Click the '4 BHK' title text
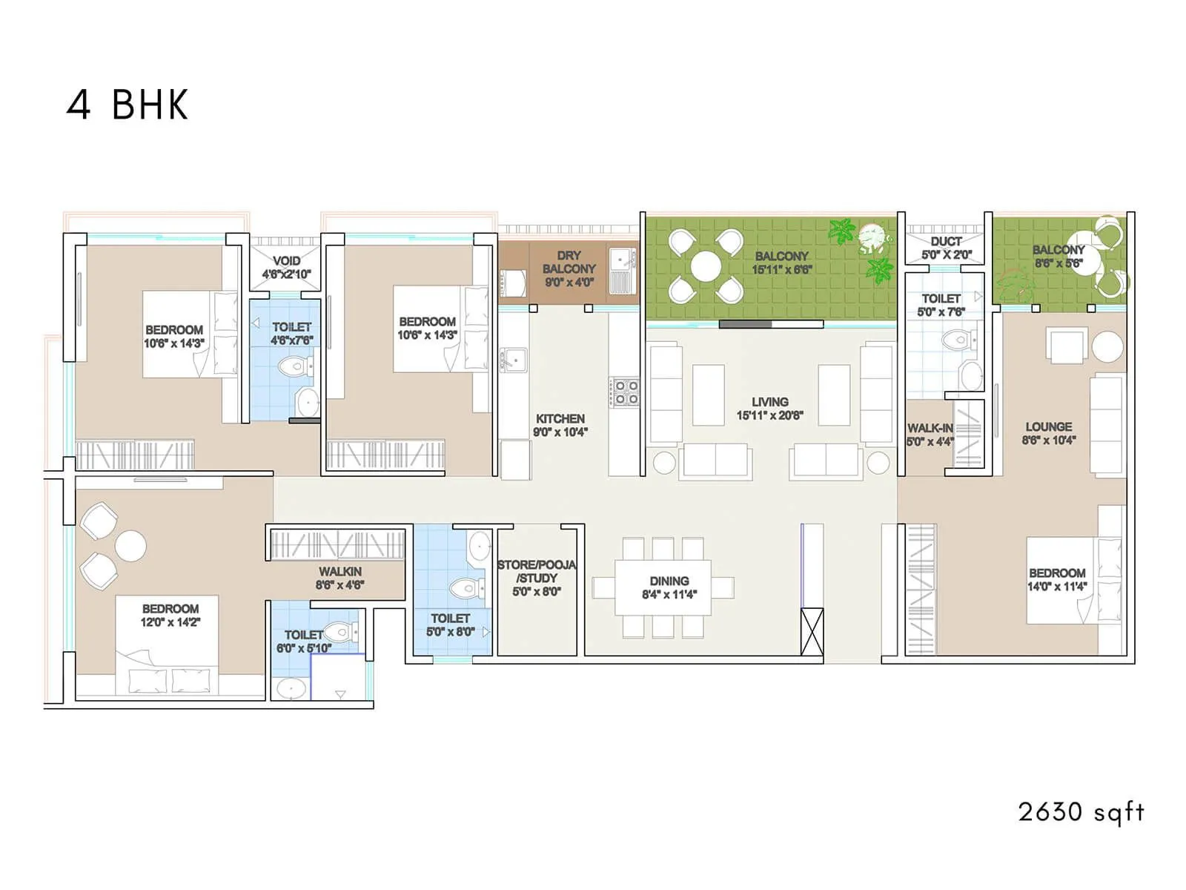pos(127,105)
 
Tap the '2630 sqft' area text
pos(1081,811)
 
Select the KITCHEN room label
pos(560,418)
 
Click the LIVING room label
pos(769,402)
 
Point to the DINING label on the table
pos(669,581)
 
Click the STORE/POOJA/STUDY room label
pos(537,572)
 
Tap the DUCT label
pos(947,242)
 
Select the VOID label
pos(286,261)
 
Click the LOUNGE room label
pos(1048,427)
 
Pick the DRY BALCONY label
pos(569,262)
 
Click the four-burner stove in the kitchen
pos(624,392)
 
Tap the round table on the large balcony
pos(706,266)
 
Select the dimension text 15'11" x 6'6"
pos(781,270)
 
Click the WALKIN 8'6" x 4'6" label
pos(340,578)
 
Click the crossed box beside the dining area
pos(812,631)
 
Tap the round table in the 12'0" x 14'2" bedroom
pos(130,546)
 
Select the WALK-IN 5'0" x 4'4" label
pos(930,435)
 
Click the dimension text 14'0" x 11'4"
pos(1057,587)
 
